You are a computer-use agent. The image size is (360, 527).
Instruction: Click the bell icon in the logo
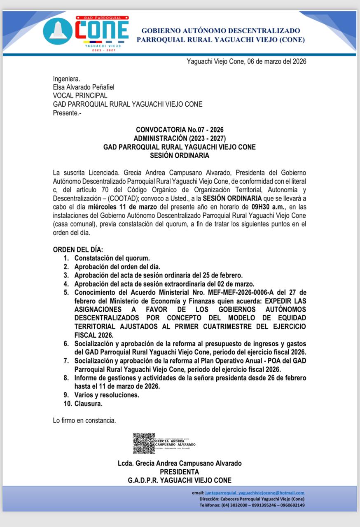point(58,31)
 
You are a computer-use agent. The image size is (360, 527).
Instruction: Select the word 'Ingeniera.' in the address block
point(66,79)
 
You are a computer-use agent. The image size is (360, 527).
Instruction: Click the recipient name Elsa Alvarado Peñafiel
point(84,87)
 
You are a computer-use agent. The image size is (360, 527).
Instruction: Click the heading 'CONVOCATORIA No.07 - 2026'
point(180,130)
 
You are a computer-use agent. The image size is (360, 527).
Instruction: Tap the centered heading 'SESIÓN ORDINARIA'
point(180,156)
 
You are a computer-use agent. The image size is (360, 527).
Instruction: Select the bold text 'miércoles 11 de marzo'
point(123,206)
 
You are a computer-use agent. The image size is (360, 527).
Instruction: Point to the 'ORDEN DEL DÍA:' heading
point(78,250)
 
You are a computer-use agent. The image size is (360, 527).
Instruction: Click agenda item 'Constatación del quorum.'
point(112,259)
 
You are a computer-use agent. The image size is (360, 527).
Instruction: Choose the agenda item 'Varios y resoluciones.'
point(107,395)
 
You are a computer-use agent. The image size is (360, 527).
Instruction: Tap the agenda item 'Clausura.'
point(88,404)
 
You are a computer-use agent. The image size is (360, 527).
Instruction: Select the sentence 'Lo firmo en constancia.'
point(84,421)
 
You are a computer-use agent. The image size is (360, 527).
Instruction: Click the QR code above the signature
point(144,443)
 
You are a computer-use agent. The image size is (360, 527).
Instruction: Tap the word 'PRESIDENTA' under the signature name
point(180,472)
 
